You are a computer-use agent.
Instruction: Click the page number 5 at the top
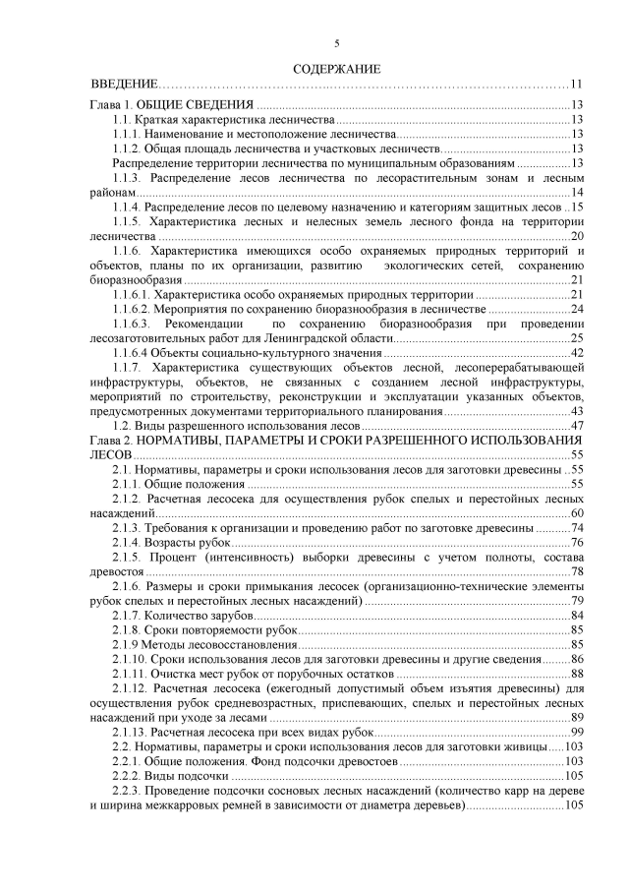(x=337, y=43)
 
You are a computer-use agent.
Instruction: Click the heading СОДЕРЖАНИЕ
(x=336, y=69)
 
